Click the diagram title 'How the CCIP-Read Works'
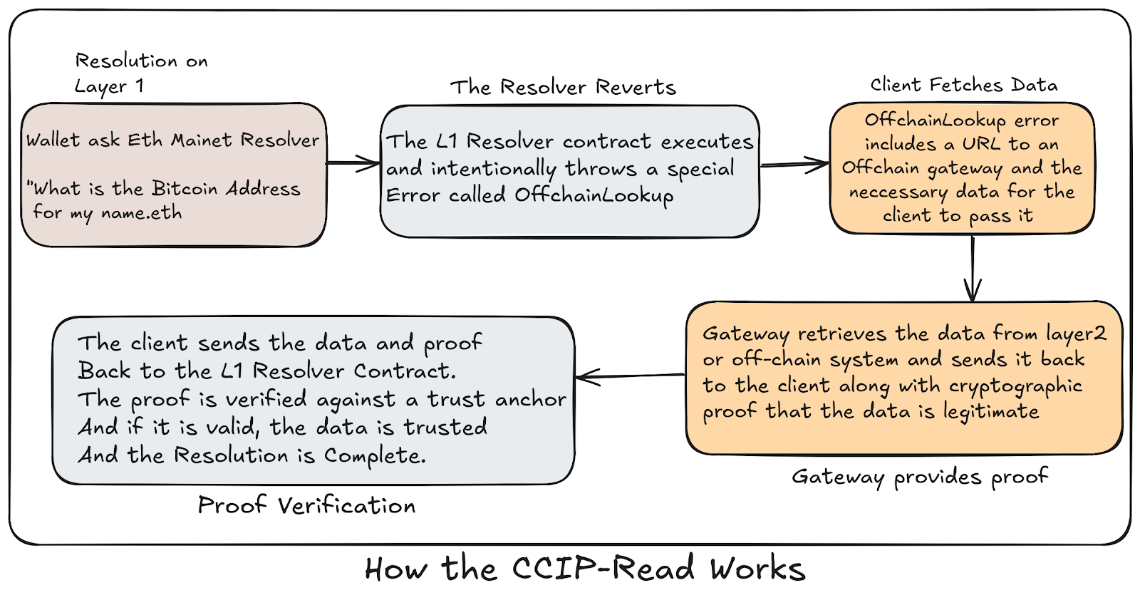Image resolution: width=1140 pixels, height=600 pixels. click(584, 569)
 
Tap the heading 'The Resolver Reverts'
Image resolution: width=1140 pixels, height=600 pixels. click(563, 87)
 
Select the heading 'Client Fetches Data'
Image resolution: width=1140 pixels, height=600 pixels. click(963, 85)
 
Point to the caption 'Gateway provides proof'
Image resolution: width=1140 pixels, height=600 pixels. click(920, 476)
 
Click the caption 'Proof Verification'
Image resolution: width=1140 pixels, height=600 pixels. click(306, 505)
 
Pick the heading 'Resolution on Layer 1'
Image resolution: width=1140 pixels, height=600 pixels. click(141, 73)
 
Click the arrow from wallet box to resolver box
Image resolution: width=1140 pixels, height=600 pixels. click(353, 164)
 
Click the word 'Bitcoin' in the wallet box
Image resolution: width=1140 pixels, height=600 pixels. click(185, 189)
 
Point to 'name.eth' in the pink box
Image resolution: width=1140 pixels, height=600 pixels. click(141, 213)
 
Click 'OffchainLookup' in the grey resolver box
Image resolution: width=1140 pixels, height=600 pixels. click(594, 195)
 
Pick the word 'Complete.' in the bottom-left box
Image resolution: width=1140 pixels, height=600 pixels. click(375, 455)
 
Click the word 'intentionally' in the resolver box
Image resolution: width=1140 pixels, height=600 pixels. click(493, 169)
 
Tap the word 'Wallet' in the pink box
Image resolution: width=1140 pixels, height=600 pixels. click(53, 140)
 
